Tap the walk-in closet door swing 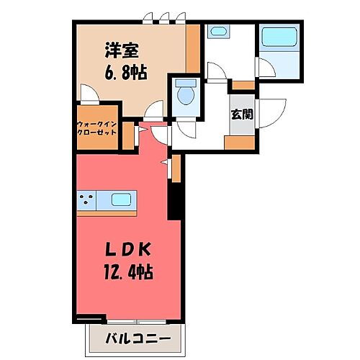tap(88, 94)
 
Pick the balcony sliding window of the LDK tap(140, 320)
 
